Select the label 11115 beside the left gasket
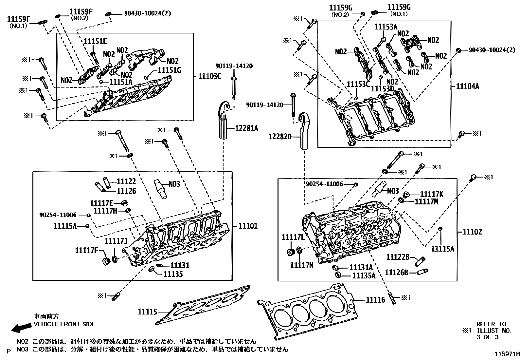click(148, 312)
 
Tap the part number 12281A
click(246, 129)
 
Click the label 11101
click(248, 226)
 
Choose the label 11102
click(472, 232)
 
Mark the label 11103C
click(210, 77)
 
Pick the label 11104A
click(468, 86)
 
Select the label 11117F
click(86, 251)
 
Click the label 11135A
click(364, 275)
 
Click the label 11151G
click(170, 70)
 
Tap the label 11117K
click(431, 194)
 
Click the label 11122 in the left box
click(126, 181)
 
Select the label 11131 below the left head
click(180, 265)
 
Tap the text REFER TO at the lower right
click(491, 324)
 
